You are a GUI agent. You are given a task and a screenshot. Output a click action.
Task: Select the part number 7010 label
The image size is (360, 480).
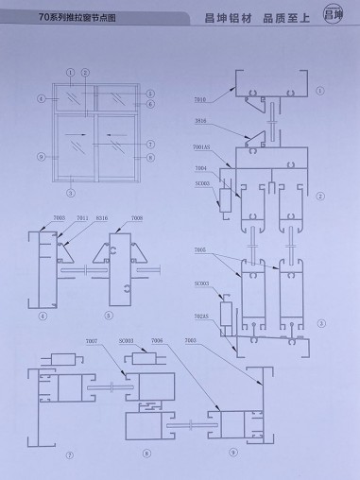click(201, 97)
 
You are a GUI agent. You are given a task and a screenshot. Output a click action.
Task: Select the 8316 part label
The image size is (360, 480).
click(102, 218)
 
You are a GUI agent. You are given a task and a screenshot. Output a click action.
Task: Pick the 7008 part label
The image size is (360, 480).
click(137, 218)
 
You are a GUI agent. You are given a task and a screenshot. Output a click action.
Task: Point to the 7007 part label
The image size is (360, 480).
click(91, 339)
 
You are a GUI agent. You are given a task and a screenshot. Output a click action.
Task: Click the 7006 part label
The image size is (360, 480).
click(157, 339)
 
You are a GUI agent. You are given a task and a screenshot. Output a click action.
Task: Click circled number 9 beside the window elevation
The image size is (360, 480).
click(41, 155)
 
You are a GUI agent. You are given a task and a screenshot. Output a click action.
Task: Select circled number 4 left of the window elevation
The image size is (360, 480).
click(42, 98)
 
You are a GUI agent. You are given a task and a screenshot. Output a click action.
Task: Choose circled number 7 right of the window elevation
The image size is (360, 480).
click(149, 143)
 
